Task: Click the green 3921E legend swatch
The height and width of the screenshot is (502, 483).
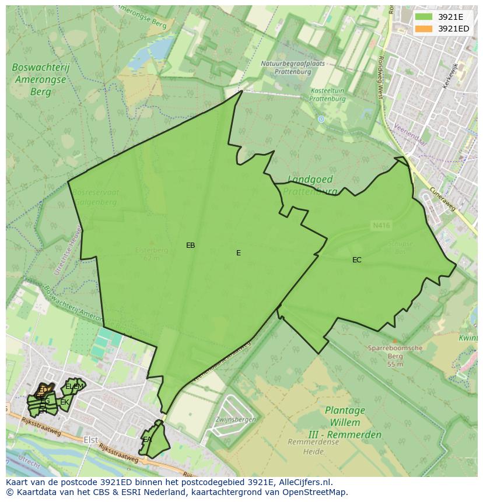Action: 423,17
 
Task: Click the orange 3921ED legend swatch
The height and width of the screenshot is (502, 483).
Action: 423,29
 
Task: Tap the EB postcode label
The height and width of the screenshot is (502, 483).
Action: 190,245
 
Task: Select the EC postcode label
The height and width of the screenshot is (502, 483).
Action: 356,260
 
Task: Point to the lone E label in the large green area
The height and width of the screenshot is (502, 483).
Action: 238,253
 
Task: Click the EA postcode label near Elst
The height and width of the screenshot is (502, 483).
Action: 148,440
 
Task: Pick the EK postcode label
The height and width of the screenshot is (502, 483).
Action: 64,402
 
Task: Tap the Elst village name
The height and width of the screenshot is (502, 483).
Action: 90,440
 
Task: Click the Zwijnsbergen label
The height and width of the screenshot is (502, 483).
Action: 235,419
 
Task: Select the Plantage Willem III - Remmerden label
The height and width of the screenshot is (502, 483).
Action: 344,422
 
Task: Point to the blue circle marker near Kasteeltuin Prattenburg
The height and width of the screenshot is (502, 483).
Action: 321,119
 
